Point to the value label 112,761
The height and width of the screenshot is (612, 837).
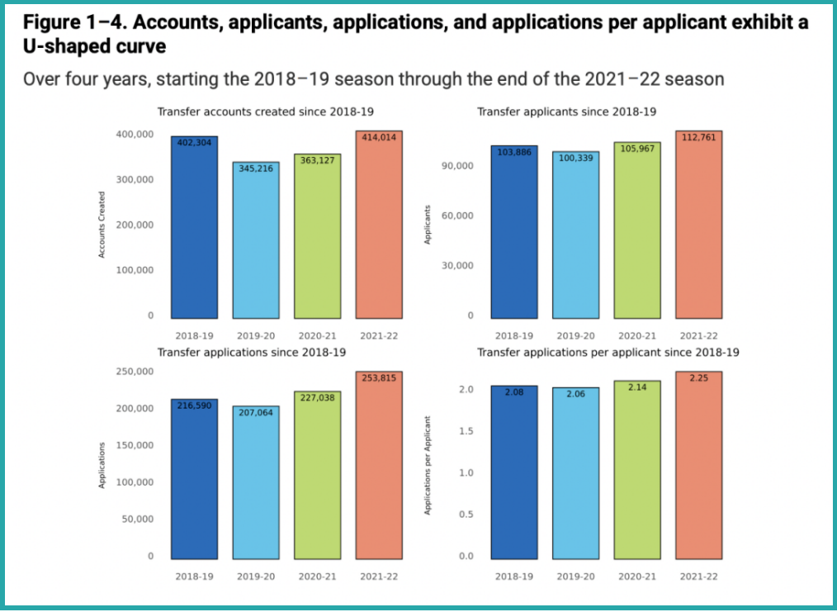(698, 137)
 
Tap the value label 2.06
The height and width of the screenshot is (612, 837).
(576, 394)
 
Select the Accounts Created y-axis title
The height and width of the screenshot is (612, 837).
(102, 225)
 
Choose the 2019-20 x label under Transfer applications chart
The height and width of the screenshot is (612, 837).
(256, 576)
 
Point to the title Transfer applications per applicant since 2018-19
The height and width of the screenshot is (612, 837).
(608, 352)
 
